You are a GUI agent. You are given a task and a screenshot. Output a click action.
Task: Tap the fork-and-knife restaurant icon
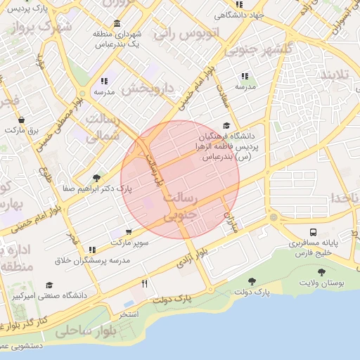[x=145, y=283]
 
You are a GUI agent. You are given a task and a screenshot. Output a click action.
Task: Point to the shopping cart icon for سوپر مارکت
[x=128, y=231]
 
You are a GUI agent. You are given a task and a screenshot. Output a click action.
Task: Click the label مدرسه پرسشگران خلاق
[x=92, y=260]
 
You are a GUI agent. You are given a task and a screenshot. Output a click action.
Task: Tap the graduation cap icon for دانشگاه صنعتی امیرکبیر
[x=49, y=285]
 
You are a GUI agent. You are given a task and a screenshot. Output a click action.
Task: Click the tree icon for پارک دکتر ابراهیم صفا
[x=96, y=178]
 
